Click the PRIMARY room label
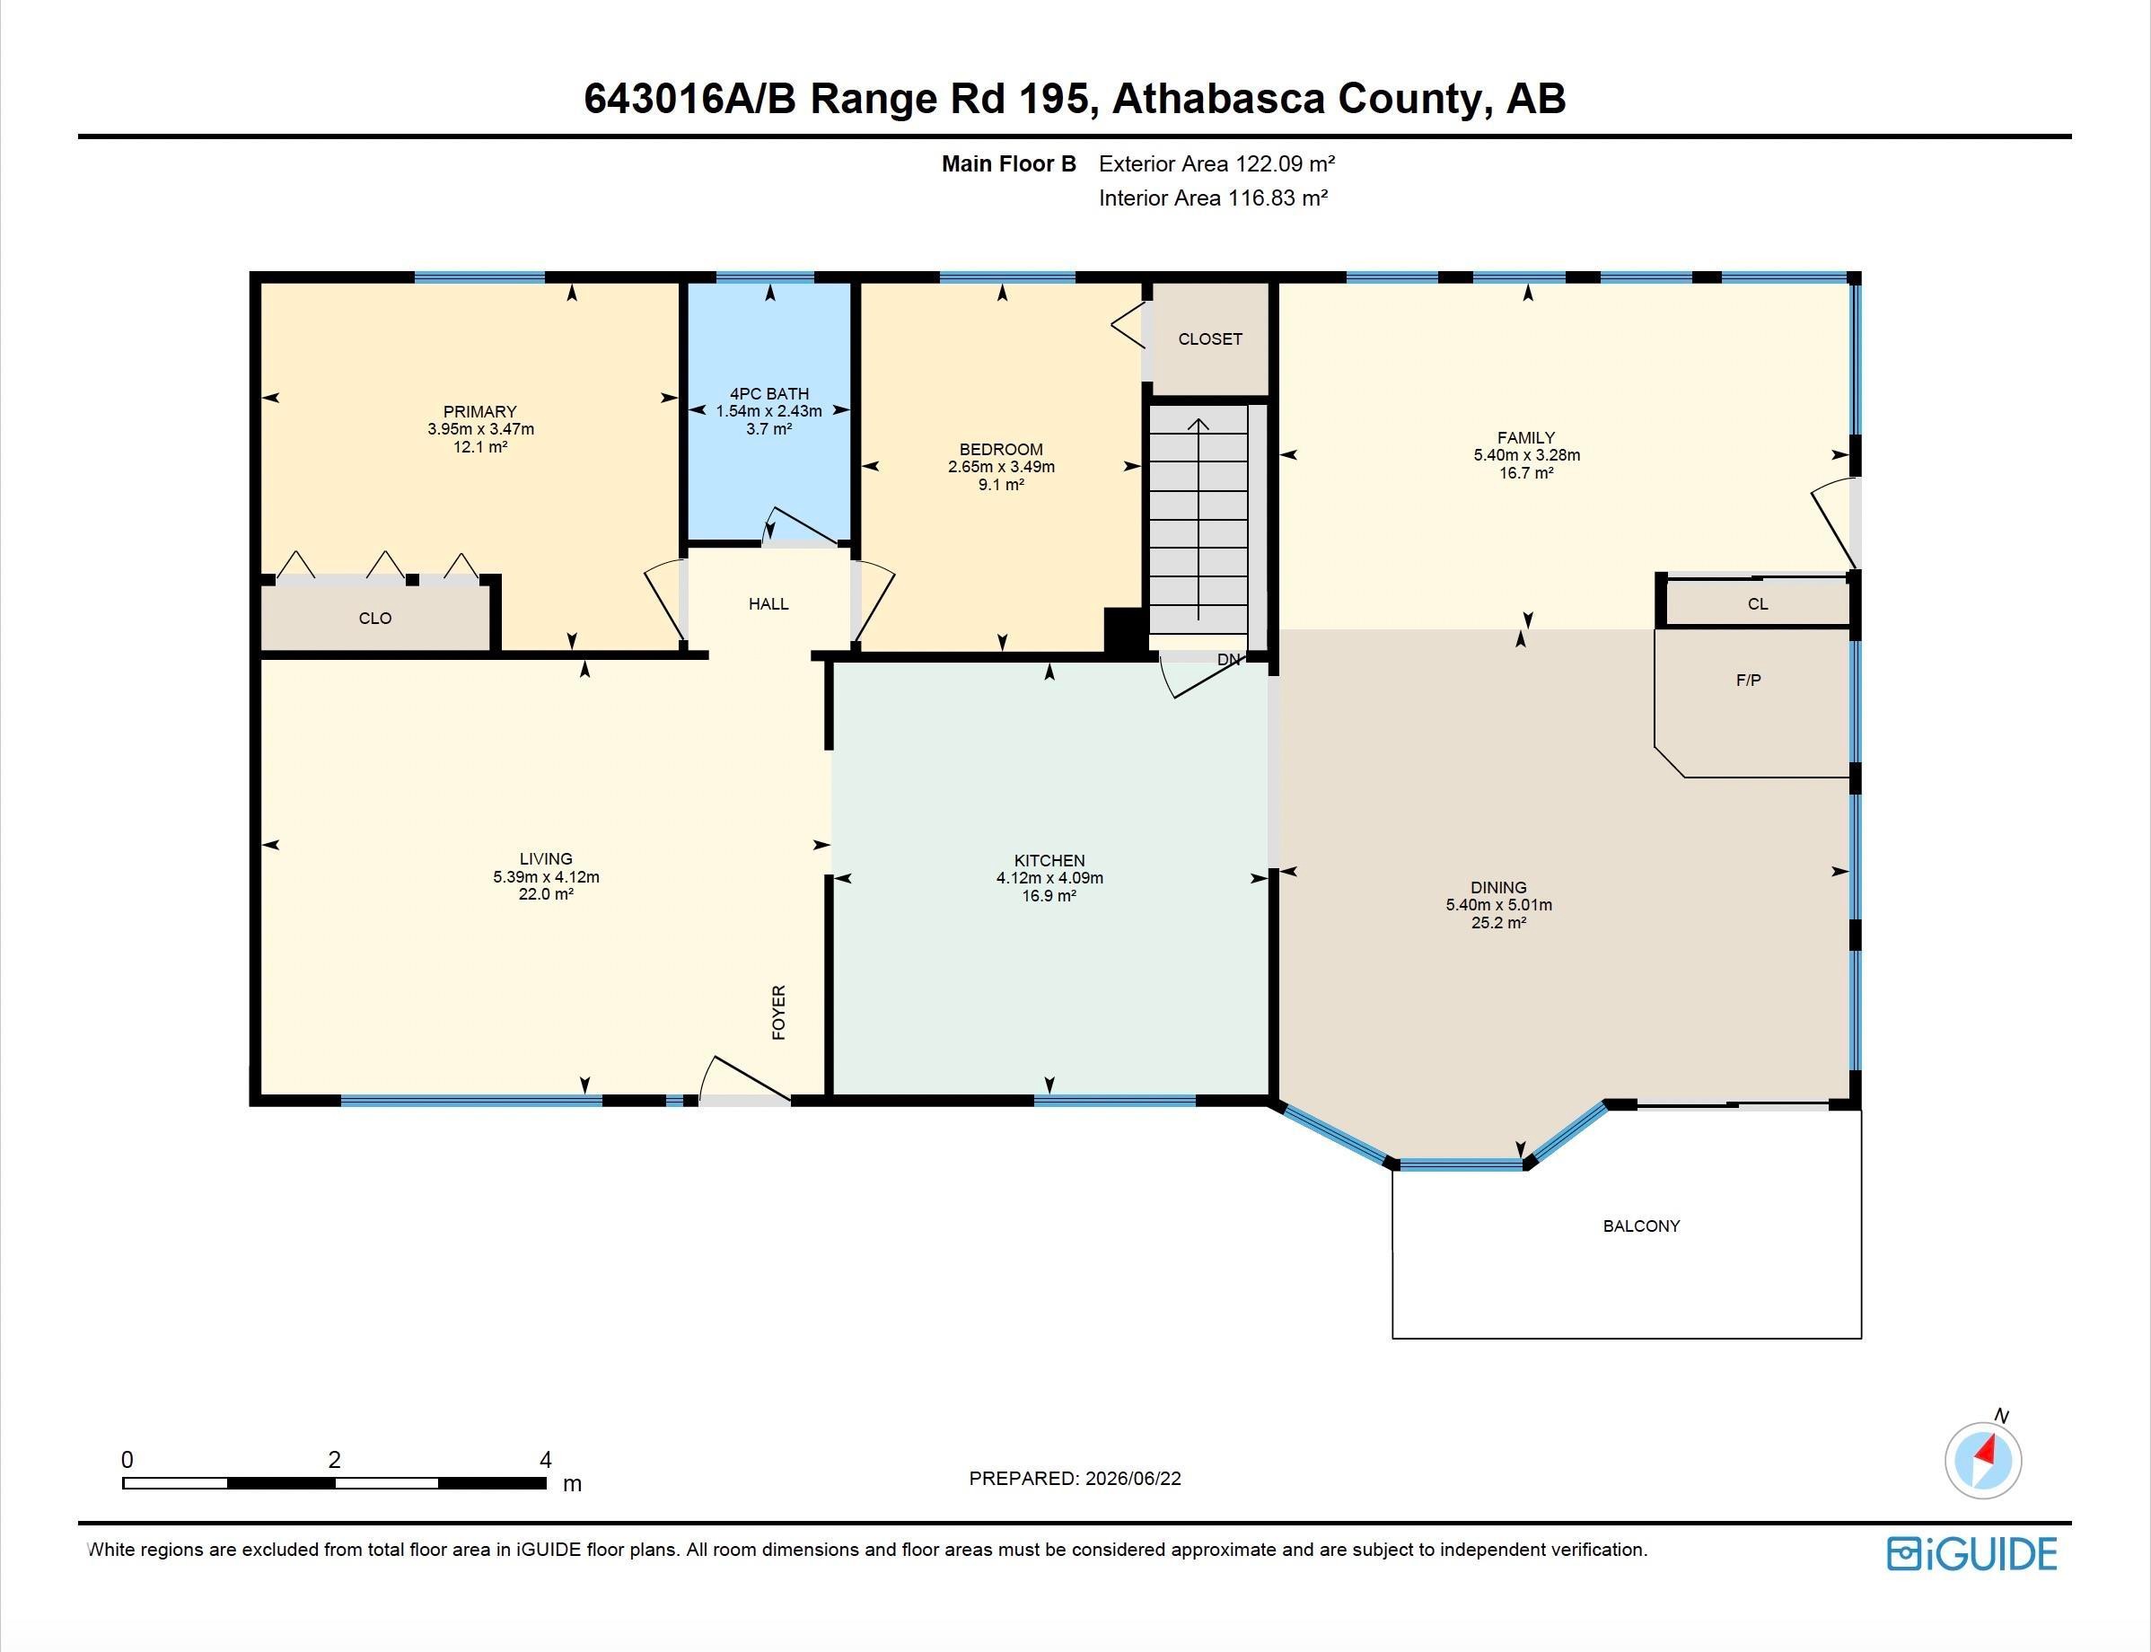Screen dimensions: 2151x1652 (479, 411)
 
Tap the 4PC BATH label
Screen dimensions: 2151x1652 (768, 393)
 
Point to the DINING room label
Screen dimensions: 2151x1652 (1498, 887)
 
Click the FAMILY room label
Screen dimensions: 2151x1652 (1526, 437)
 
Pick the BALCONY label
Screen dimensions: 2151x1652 (1641, 1226)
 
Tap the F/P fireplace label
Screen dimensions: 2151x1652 (1748, 680)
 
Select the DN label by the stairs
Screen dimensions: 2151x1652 (1229, 660)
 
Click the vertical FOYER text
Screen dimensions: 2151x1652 (778, 1012)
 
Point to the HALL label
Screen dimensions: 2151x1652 (768, 603)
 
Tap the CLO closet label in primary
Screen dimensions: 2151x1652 (375, 619)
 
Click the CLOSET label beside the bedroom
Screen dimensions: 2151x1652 (1210, 339)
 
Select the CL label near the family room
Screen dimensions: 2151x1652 (1758, 603)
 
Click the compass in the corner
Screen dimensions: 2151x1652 (1983, 1459)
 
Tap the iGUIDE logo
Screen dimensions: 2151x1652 (1972, 1553)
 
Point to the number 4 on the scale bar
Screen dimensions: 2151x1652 (546, 1460)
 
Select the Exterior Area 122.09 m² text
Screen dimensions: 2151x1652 (1217, 164)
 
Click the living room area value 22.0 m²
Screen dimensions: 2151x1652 (546, 895)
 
